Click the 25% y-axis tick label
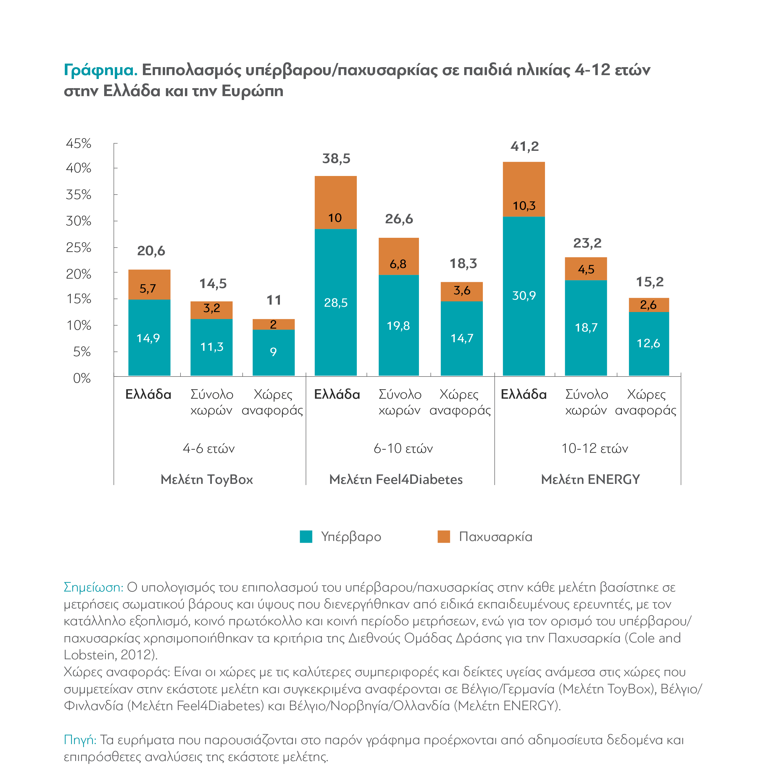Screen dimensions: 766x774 click(79, 247)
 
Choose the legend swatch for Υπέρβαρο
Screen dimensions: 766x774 click(306, 537)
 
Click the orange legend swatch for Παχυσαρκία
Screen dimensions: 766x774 click(444, 537)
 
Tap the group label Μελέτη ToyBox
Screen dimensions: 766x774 click(207, 479)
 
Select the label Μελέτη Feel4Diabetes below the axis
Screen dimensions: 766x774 click(396, 479)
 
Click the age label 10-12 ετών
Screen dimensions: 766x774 click(595, 448)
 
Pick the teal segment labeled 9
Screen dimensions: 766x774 click(273, 353)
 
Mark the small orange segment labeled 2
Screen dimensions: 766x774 click(273, 324)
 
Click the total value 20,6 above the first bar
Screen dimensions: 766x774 click(151, 251)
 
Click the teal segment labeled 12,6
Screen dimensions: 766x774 click(649, 344)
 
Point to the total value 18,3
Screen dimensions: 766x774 click(463, 263)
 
